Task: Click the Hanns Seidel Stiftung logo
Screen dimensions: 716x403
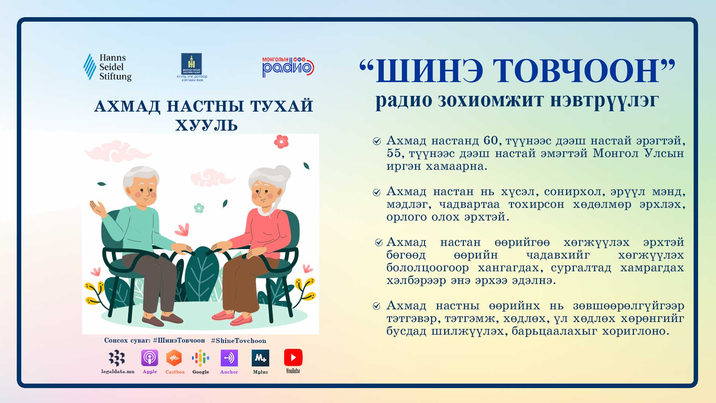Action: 107,67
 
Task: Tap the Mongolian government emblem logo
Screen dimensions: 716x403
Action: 192,67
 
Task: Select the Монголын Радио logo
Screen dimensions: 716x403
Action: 288,67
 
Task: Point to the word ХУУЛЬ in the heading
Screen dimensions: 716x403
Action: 206,125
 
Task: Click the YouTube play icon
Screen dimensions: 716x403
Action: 293,358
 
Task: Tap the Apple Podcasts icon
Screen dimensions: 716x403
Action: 150,358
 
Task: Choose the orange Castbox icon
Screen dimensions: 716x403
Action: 174,358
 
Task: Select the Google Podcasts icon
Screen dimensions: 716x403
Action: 201,358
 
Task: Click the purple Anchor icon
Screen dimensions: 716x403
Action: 229,358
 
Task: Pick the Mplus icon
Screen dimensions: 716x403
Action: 260,358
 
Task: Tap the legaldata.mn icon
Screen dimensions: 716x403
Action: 117,358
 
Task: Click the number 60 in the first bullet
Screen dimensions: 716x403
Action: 491,140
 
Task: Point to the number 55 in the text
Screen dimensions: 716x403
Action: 394,153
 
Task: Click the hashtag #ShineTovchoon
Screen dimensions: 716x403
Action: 238,341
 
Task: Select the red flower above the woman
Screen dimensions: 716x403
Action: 282,141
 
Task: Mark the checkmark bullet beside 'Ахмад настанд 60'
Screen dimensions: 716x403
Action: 377,141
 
